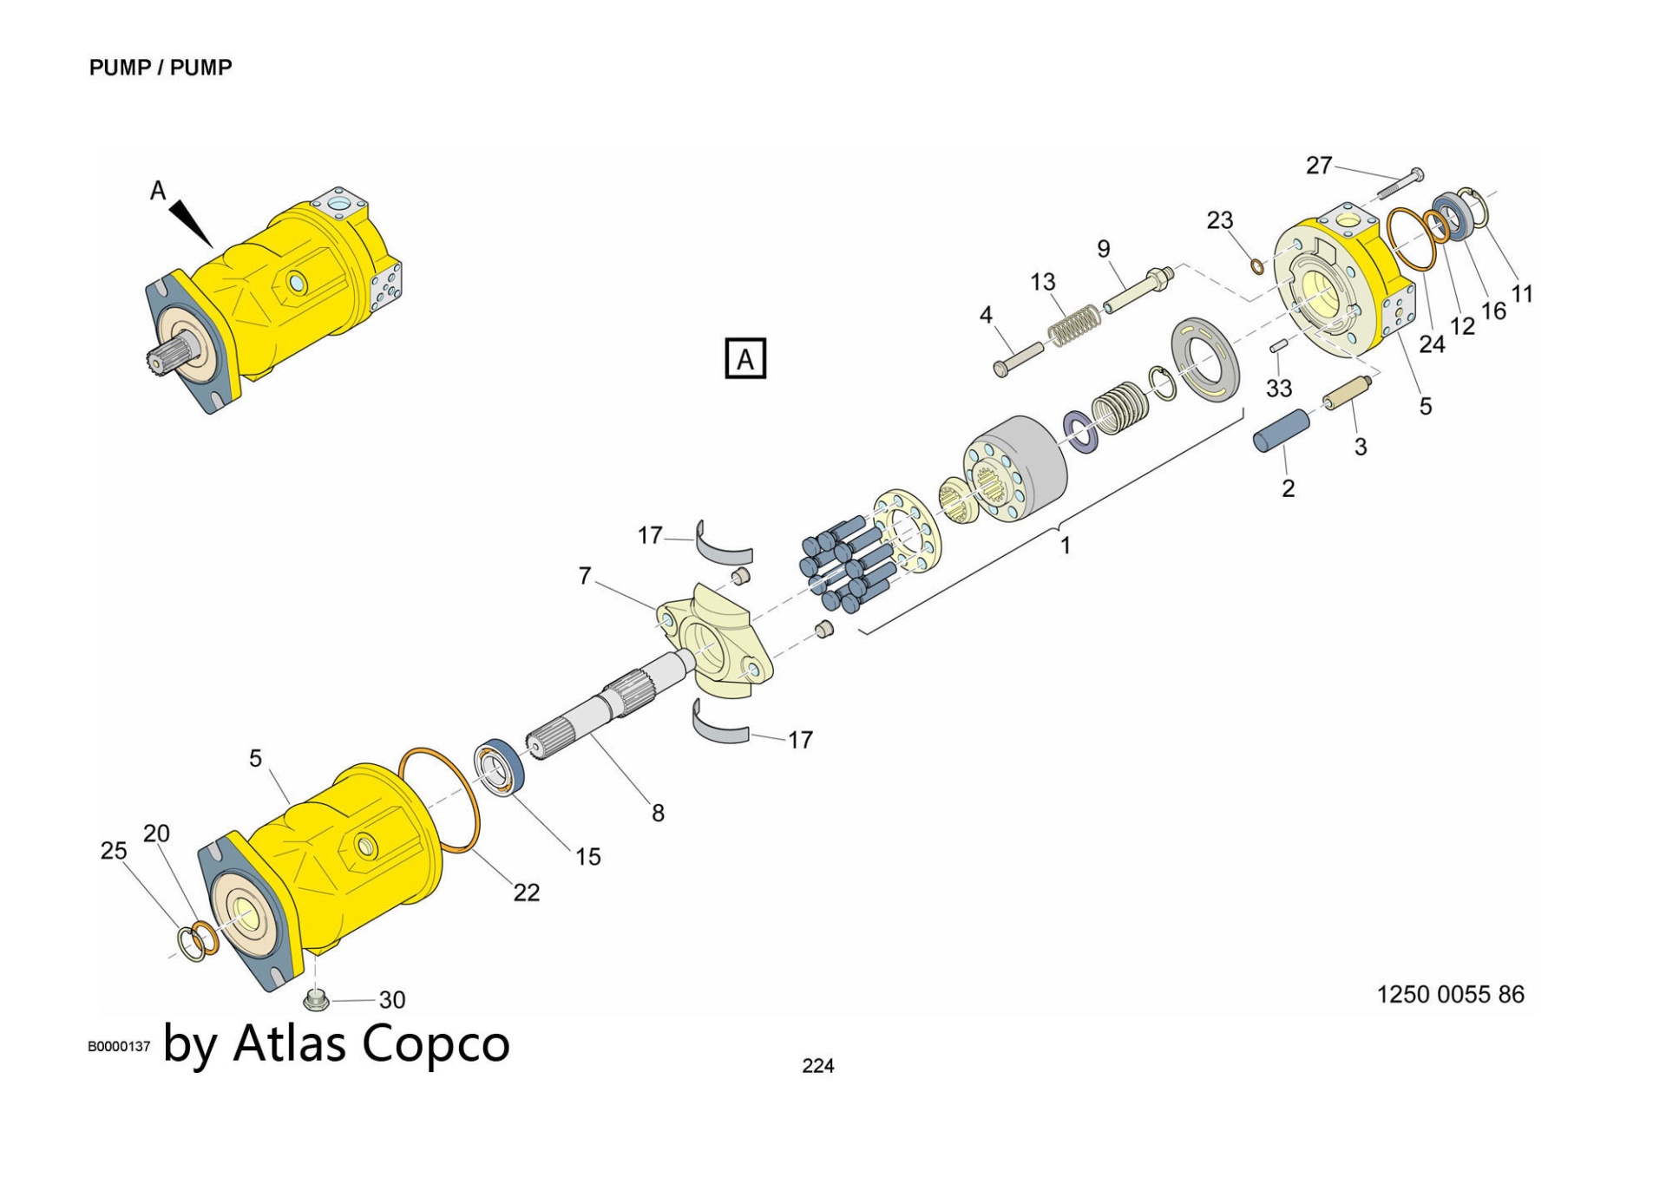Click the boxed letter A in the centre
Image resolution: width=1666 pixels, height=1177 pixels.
(745, 358)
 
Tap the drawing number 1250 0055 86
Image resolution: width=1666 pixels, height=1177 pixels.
(1450, 994)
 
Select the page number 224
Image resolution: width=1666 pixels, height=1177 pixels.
(817, 1066)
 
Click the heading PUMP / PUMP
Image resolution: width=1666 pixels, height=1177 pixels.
(161, 68)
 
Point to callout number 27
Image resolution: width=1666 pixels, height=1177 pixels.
(1318, 165)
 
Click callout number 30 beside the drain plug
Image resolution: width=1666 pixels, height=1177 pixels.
(391, 1000)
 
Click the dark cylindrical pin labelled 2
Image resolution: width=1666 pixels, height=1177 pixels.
(1282, 430)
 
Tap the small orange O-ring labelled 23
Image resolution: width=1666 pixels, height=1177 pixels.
(1257, 265)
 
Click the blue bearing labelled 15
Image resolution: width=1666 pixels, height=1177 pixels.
(499, 766)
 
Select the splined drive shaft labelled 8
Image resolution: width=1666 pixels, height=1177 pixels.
(607, 703)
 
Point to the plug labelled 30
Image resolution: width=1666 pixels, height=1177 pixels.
(316, 1000)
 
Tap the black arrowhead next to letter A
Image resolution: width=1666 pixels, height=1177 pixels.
(192, 223)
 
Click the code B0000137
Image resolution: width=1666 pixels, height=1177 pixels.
(119, 1047)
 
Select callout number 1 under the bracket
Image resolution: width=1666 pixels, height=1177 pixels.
(1065, 546)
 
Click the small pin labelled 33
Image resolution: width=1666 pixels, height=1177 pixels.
(1278, 347)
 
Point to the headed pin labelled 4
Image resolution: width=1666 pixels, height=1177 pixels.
(1019, 359)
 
